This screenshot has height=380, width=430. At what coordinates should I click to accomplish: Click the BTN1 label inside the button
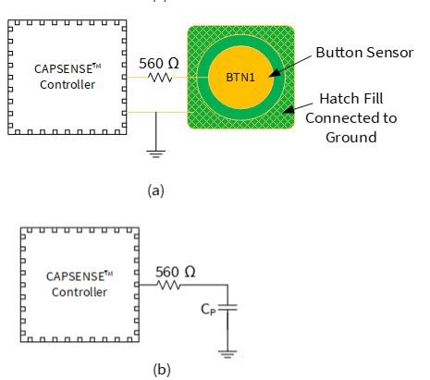[240, 77]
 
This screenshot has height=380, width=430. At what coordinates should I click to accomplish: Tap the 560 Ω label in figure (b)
[175, 272]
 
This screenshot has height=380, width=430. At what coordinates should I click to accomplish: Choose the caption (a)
[155, 190]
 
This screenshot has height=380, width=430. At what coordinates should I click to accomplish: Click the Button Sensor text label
[362, 53]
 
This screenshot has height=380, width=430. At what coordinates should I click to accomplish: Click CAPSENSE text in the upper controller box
[61, 68]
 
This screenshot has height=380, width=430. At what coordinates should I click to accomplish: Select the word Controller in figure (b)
[80, 292]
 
